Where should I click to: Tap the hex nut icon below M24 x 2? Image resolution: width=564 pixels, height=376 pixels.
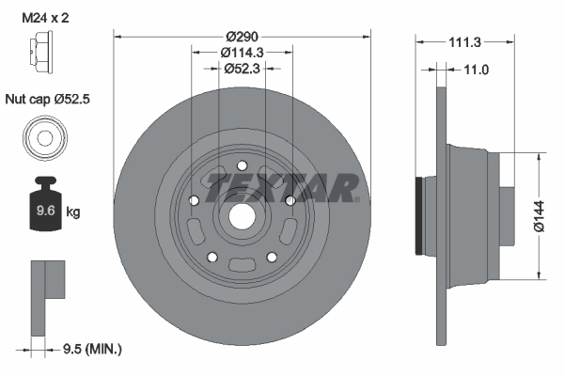point(43,61)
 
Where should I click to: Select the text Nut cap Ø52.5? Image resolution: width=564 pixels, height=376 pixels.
point(51,98)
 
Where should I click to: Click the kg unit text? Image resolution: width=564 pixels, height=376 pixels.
point(73,212)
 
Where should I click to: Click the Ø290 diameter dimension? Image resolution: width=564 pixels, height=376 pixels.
point(242,35)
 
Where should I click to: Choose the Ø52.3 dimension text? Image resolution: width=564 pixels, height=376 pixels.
point(242,68)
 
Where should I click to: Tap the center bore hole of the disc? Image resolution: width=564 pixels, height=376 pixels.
point(241,215)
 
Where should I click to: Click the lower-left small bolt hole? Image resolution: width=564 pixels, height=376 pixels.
point(211,257)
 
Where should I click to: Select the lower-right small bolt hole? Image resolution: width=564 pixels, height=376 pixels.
point(272,257)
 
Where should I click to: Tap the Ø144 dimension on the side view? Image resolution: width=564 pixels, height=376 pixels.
point(538,216)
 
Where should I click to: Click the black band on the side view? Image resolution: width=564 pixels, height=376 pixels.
point(419,215)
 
